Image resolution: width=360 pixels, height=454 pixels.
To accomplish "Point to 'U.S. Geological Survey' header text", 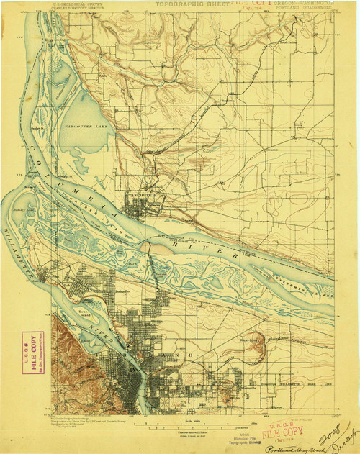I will coord(78,4).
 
